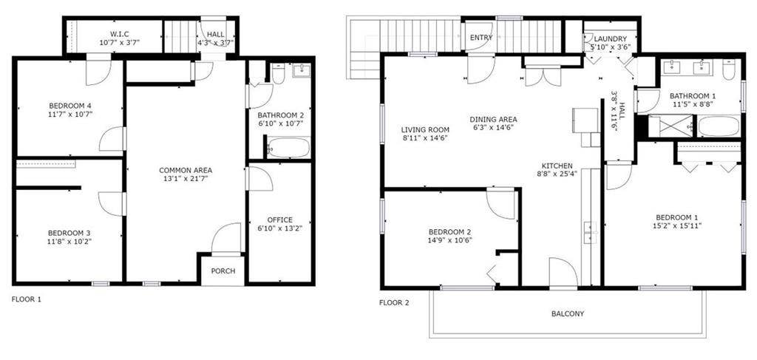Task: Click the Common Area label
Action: pyautogui.click(x=186, y=170)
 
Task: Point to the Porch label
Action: pyautogui.click(x=223, y=271)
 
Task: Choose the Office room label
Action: pyautogui.click(x=280, y=220)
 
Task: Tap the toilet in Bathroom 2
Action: pyautogui.click(x=279, y=73)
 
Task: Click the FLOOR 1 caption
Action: pyautogui.click(x=27, y=299)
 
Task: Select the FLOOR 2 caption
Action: pyautogui.click(x=394, y=302)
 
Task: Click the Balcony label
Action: pyautogui.click(x=568, y=313)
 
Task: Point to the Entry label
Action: pyautogui.click(x=481, y=38)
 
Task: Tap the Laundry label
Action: pyautogui.click(x=609, y=39)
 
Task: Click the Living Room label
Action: pyautogui.click(x=425, y=129)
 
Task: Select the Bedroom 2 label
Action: pyautogui.click(x=449, y=231)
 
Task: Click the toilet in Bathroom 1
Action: pyautogui.click(x=729, y=71)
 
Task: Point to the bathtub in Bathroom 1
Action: pyautogui.click(x=719, y=126)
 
